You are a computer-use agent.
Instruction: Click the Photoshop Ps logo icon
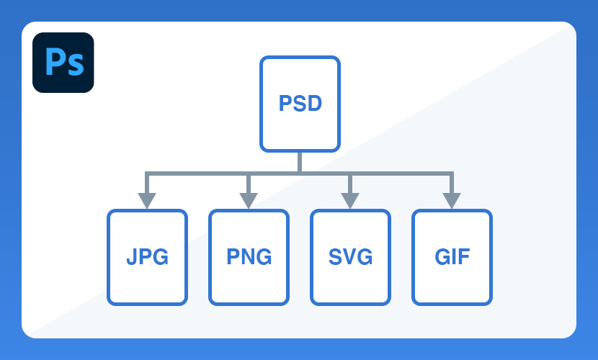tap(63, 63)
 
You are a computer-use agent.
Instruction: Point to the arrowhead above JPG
tap(147, 201)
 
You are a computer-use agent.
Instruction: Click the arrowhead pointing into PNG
tap(249, 201)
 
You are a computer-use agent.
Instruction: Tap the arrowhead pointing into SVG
tap(350, 201)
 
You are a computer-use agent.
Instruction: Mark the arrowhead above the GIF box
tap(452, 201)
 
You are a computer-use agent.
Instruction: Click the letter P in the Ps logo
tap(54, 61)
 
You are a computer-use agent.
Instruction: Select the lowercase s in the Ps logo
tap(75, 65)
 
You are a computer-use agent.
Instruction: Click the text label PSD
tap(300, 103)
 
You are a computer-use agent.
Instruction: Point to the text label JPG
tap(147, 257)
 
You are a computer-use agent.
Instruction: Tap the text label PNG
tap(249, 257)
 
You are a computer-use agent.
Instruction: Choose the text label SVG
tap(350, 257)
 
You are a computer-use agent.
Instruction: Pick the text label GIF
tap(452, 257)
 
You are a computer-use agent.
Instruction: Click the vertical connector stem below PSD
tap(300, 162)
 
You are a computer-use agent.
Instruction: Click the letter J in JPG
tap(132, 257)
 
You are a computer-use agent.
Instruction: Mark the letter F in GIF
tap(464, 257)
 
